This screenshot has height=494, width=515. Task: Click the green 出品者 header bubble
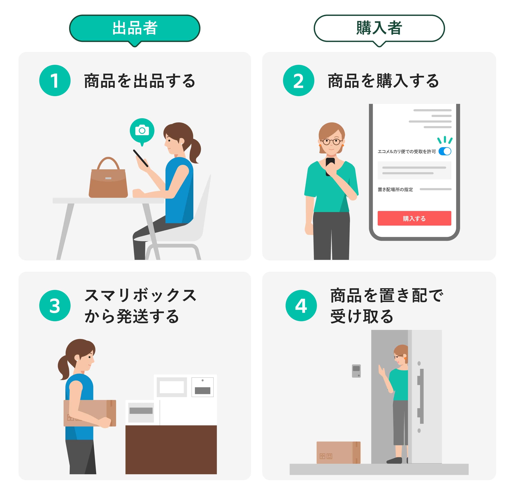coord(135,28)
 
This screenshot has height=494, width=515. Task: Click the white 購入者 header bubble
coord(379,28)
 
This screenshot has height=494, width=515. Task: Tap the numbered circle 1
coord(55,80)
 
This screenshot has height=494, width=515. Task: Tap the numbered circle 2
coord(298,80)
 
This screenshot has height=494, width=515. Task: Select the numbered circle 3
coord(55,305)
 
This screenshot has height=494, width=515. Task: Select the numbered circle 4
coord(301,305)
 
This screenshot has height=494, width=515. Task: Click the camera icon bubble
coord(142,131)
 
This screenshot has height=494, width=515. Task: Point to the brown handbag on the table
coord(108,181)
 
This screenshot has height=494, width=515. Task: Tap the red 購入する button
coord(414,218)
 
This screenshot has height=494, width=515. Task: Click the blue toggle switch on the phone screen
coord(445,151)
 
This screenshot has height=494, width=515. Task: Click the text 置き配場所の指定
coord(395,189)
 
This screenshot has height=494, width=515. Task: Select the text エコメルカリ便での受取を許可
coord(406,152)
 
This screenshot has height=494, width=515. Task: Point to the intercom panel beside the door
coord(356,371)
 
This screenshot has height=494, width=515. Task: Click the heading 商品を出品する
coord(139,81)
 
